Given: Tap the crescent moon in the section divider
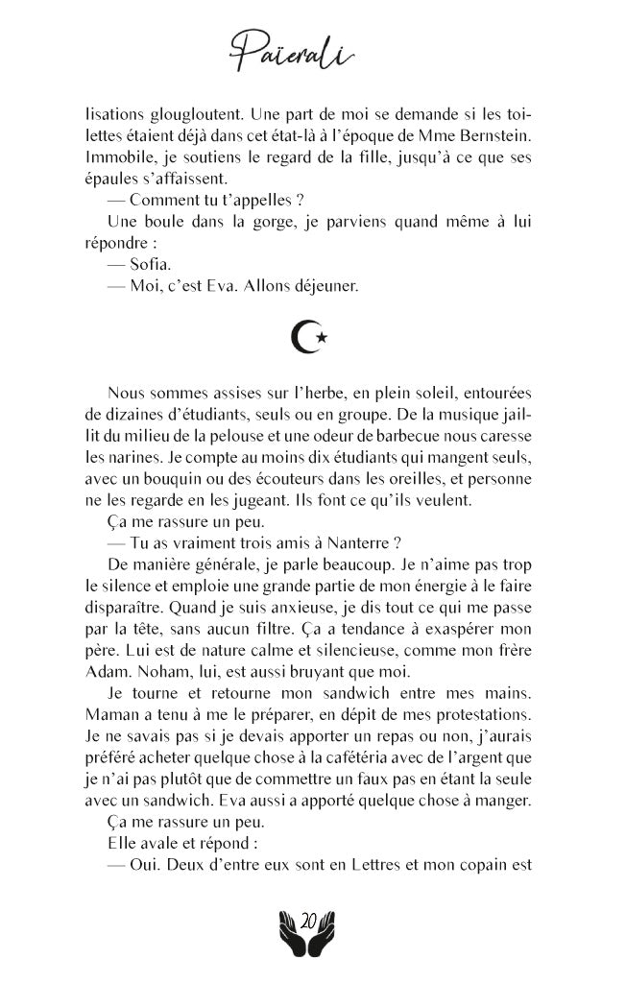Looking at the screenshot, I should [304, 336].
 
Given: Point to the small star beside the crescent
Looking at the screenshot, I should [323, 337].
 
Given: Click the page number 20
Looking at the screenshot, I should [309, 921].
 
